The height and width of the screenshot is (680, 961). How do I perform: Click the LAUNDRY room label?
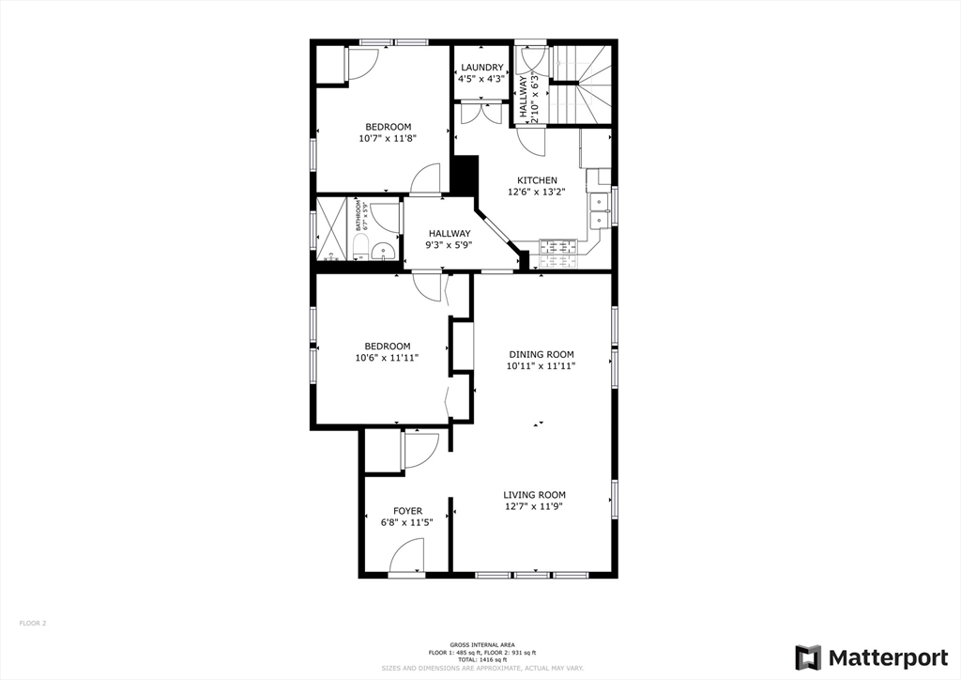tap(480, 68)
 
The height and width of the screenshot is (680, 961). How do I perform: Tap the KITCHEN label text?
tap(537, 180)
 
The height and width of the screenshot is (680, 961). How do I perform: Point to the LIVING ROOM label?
tap(534, 495)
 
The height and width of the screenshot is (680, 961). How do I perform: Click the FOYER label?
tap(407, 511)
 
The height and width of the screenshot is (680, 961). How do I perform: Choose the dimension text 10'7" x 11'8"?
tap(388, 138)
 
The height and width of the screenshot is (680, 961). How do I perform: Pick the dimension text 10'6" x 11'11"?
tap(387, 358)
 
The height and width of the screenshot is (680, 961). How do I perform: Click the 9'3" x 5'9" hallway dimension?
tap(450, 245)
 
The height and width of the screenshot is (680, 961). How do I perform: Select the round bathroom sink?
tap(382, 250)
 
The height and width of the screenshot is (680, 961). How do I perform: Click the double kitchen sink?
tap(598, 209)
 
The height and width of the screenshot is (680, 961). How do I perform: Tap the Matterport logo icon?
tap(807, 657)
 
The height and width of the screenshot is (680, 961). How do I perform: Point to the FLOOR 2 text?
tap(33, 623)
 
